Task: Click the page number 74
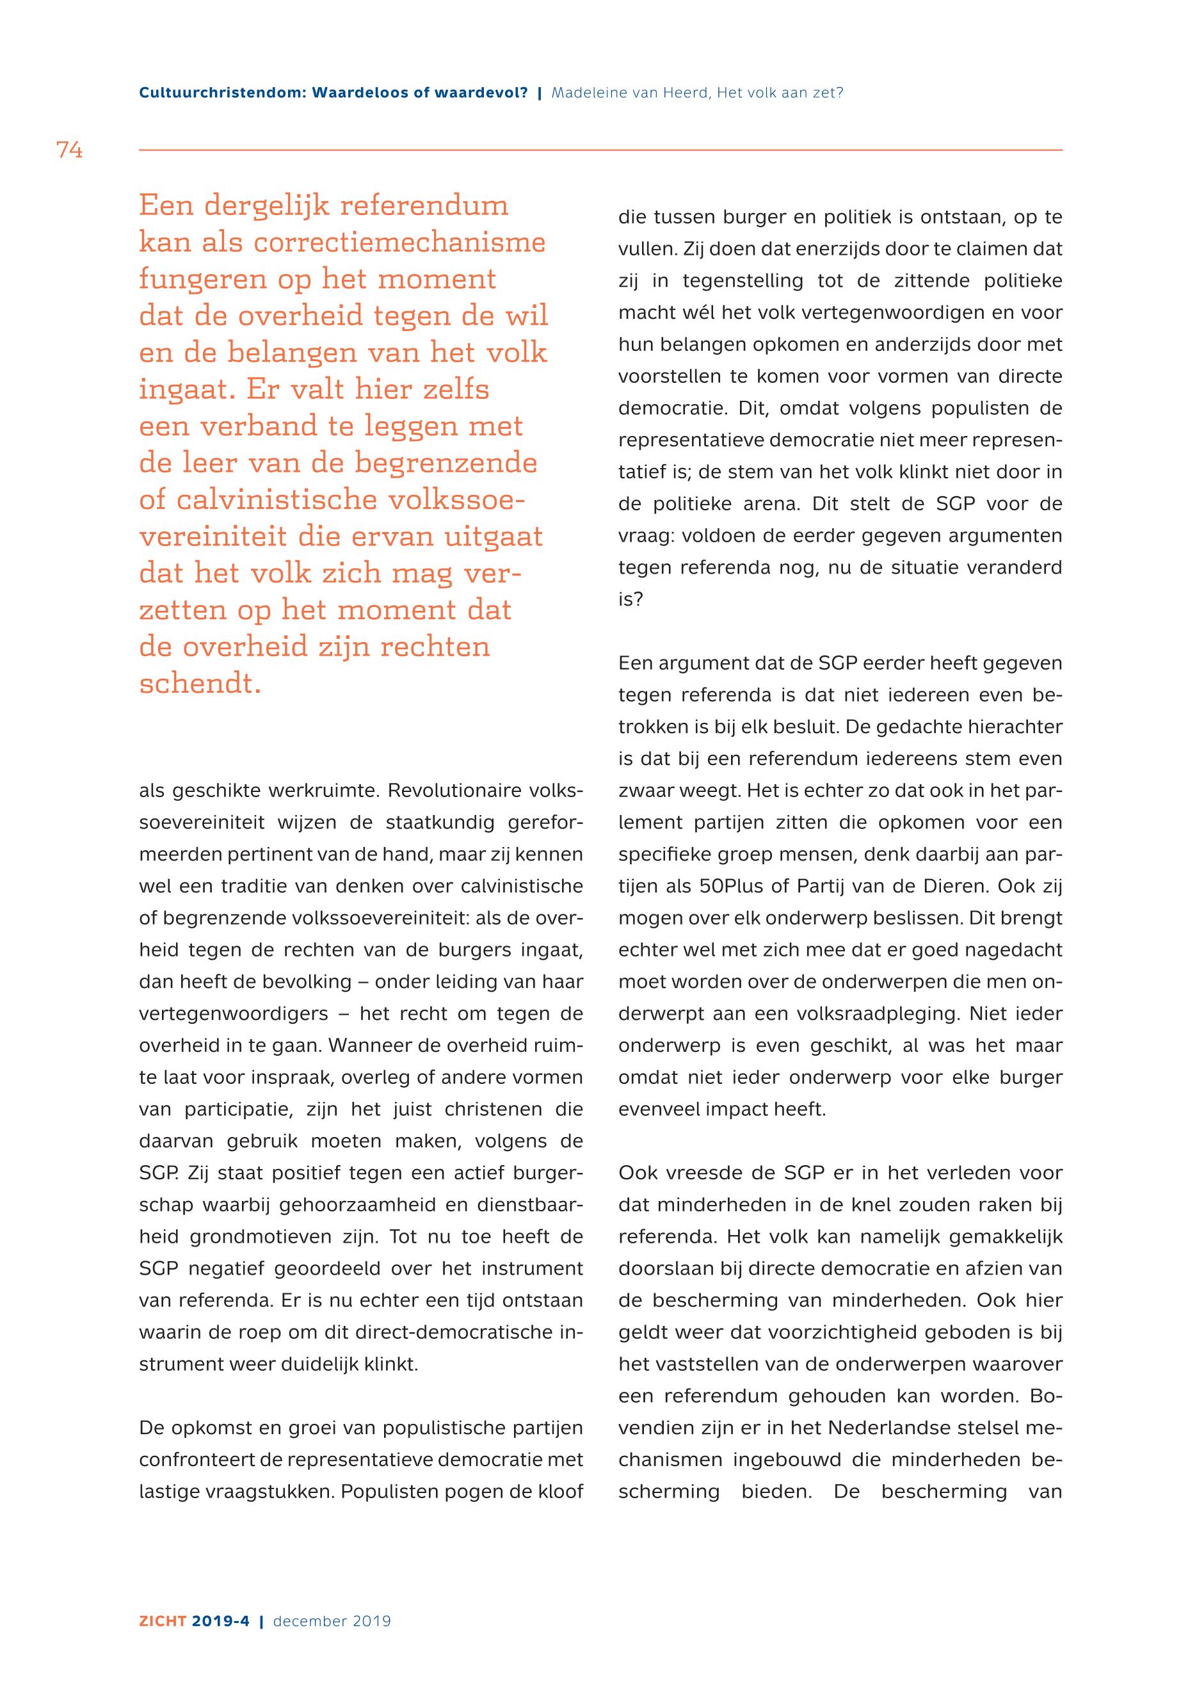(x=69, y=150)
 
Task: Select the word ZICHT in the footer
(x=163, y=1621)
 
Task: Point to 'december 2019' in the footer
(x=332, y=1621)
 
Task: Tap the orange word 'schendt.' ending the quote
(x=200, y=683)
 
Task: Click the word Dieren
(x=949, y=886)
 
